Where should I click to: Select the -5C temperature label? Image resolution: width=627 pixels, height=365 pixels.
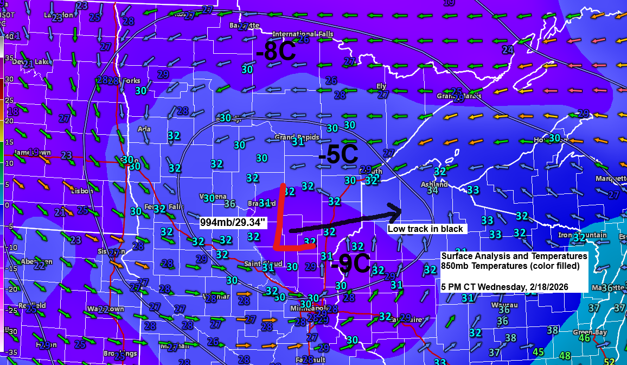coord(338,155)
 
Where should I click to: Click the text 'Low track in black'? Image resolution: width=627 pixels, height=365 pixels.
coord(425,229)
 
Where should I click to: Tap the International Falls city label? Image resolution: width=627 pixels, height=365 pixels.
coord(302,34)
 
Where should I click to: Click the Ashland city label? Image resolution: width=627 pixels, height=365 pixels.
coord(434,184)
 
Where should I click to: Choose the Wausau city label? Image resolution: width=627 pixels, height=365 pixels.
coord(501,305)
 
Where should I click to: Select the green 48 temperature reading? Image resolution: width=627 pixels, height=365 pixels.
coord(565,356)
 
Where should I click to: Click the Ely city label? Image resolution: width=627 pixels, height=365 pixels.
coord(381,86)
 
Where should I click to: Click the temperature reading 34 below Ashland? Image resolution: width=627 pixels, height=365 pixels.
coord(432,191)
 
